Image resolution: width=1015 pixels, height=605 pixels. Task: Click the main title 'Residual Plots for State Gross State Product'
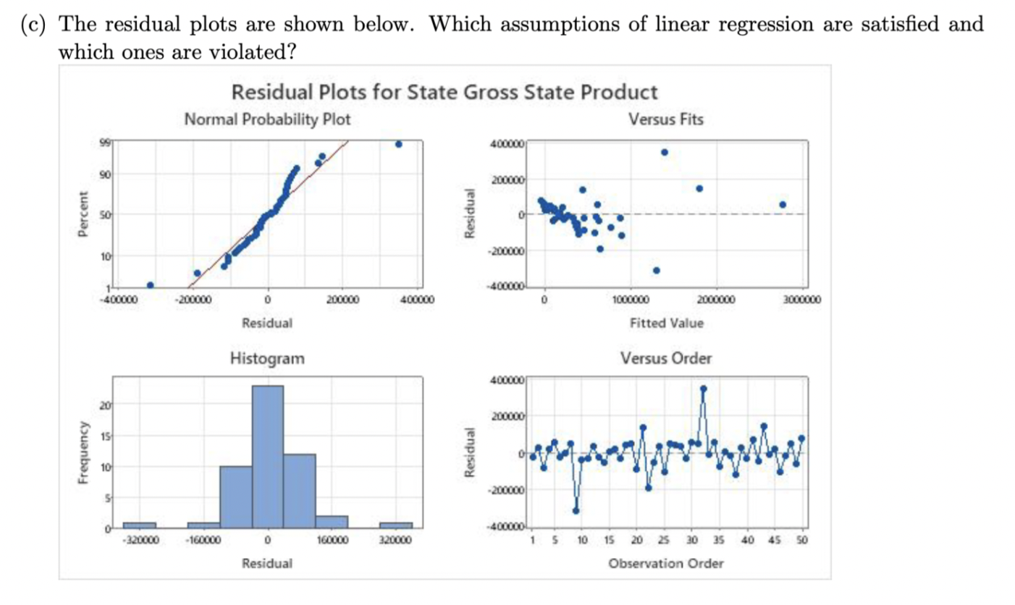pos(445,93)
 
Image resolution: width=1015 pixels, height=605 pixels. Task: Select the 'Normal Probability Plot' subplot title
pos(267,119)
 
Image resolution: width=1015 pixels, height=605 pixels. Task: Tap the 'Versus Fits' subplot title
pos(667,119)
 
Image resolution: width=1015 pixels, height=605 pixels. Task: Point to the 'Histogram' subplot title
pos(267,357)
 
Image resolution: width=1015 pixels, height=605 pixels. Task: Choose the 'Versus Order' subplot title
pos(666,358)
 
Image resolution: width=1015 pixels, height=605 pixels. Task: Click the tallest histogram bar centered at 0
pos(267,456)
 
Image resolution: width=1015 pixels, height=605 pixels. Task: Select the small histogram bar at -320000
pos(139,525)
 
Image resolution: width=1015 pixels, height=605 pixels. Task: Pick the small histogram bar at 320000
pos(396,525)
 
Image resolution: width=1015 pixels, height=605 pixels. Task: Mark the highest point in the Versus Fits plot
pos(664,152)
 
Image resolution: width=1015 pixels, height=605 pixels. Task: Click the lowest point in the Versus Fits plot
pos(656,270)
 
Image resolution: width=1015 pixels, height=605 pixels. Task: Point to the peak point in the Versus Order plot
pos(703,389)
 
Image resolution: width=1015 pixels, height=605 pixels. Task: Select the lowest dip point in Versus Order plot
pos(576,510)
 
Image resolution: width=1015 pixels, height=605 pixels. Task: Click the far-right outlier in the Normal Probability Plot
pos(398,144)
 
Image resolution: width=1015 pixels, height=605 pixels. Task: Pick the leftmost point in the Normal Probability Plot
pos(150,285)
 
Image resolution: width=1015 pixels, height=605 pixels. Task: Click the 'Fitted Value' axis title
pos(665,323)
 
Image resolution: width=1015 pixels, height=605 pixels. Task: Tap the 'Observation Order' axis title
pos(665,563)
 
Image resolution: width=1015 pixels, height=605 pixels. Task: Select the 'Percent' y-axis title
pos(85,213)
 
